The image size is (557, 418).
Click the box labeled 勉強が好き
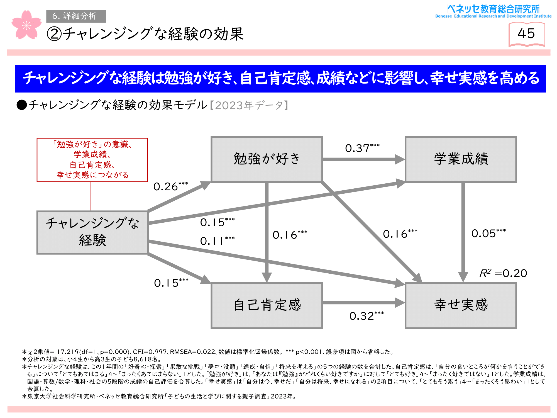coord(267,159)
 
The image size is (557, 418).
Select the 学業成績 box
coord(461,159)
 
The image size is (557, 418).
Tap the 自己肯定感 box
coord(267,305)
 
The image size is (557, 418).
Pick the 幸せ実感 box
coord(461,305)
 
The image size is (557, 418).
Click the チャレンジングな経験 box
coord(92,232)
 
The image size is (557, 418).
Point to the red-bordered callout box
coord(92,160)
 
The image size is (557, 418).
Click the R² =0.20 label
coord(503,273)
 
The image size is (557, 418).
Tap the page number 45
coord(526,34)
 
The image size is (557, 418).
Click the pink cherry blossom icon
coord(26,25)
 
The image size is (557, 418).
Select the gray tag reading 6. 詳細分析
coord(76,16)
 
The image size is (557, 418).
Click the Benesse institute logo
coord(493,11)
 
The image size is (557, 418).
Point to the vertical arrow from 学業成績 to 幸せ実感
coord(463,231)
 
